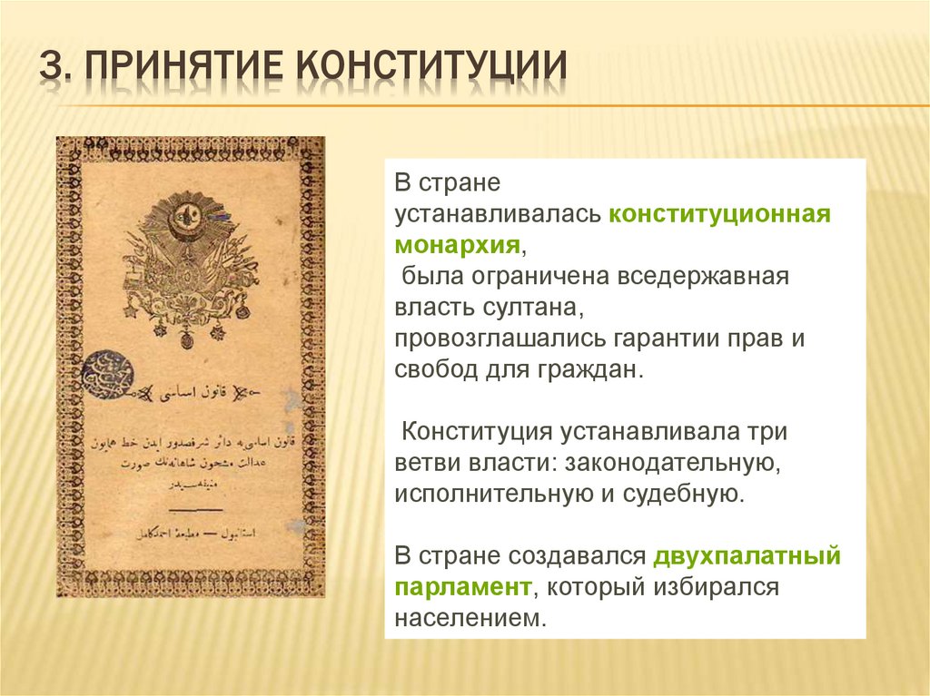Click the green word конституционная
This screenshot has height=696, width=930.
pyautogui.click(x=720, y=215)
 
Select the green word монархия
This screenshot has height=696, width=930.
pyautogui.click(x=458, y=246)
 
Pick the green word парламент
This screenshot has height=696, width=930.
pyautogui.click(x=462, y=587)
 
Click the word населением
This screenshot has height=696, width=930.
pyautogui.click(x=471, y=618)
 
